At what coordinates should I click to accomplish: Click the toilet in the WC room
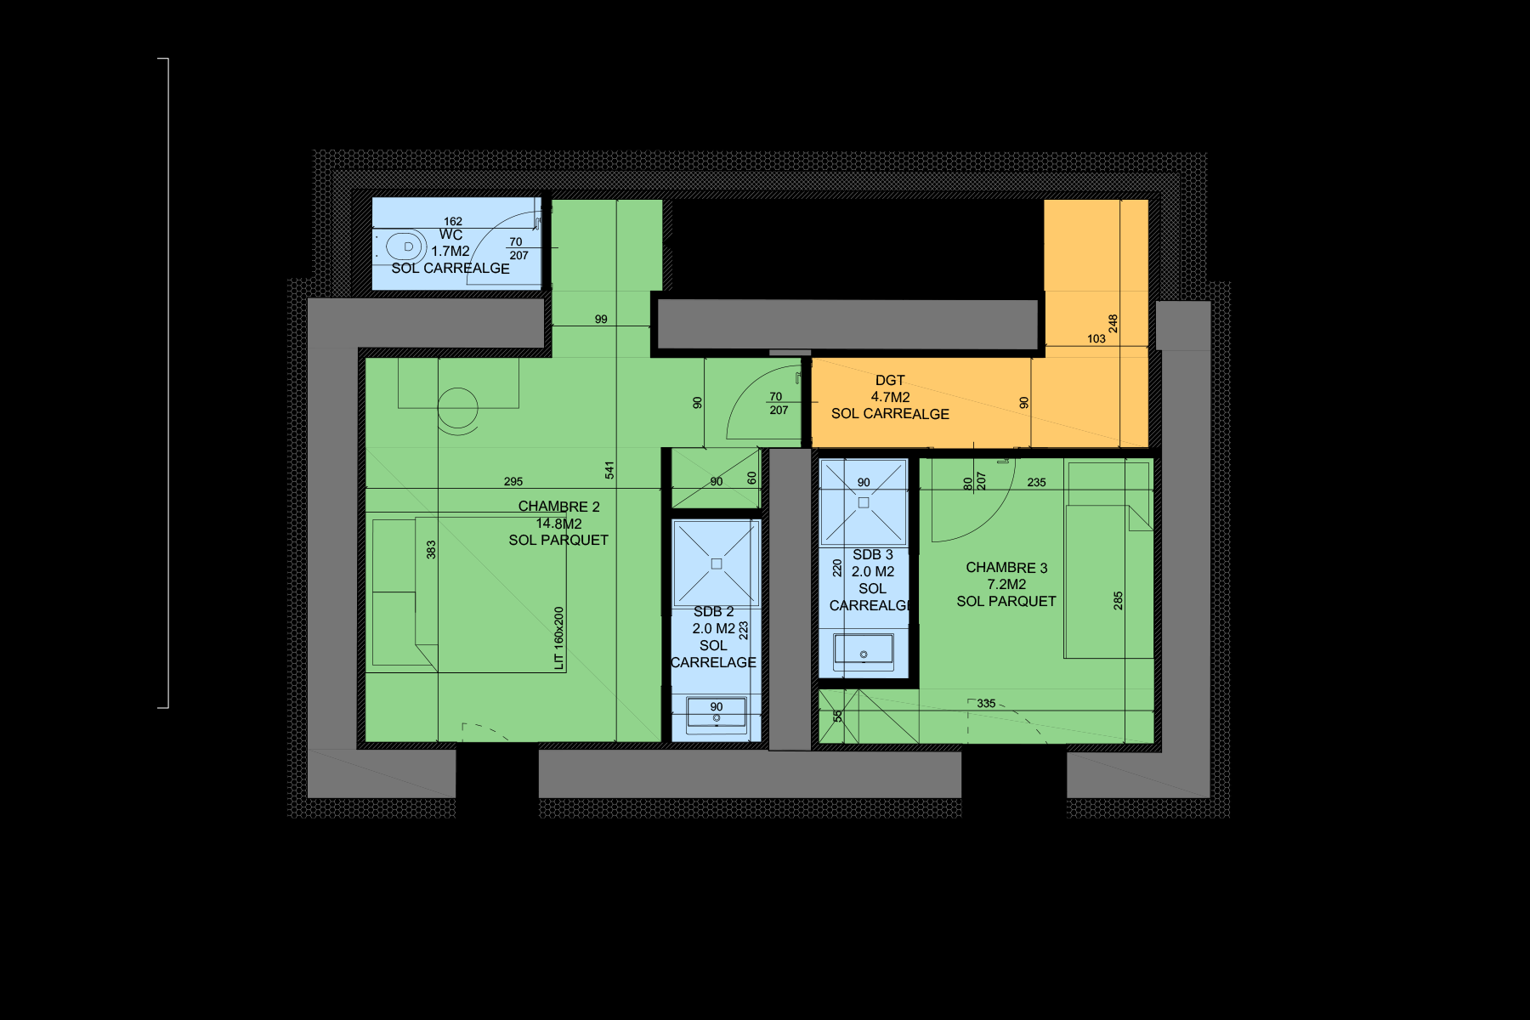[x=406, y=247]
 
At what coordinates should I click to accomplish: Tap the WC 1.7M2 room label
[x=450, y=243]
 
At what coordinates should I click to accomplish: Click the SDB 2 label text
[x=713, y=612]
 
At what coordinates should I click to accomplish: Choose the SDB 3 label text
[x=873, y=555]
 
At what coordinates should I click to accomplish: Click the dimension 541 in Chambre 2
[x=609, y=470]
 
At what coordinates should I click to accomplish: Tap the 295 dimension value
[x=513, y=482]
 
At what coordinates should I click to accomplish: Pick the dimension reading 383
[x=431, y=550]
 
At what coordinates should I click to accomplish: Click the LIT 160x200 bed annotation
[x=558, y=638]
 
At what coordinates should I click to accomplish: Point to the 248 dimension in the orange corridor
[x=1113, y=324]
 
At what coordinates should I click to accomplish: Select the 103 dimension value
[x=1096, y=339]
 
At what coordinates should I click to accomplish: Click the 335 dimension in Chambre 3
[x=986, y=704]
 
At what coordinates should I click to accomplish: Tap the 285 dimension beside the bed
[x=1118, y=601]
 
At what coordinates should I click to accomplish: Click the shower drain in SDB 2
[x=717, y=564]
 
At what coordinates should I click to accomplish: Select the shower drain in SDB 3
[x=864, y=503]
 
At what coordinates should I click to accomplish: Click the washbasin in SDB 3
[x=864, y=652]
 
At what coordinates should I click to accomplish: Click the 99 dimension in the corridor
[x=601, y=320]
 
